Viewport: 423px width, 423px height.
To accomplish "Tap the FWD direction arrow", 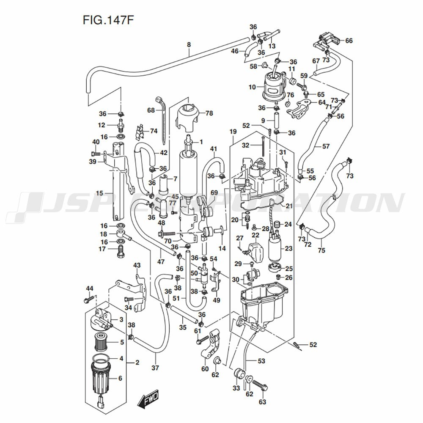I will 148,398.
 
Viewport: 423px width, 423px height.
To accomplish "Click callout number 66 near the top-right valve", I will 349,41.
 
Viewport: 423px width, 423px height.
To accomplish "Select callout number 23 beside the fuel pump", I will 288,249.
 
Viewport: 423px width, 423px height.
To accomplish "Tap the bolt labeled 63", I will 261,387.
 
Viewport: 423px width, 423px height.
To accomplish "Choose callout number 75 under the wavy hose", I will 321,250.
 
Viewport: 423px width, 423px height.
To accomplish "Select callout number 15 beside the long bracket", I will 99,193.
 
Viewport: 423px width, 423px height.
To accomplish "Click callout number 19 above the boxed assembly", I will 232,132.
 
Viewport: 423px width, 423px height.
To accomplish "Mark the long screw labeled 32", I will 263,146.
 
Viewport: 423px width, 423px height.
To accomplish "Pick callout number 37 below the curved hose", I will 155,368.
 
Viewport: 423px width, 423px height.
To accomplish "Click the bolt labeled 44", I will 88,300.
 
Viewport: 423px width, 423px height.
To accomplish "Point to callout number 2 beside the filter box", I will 137,363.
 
